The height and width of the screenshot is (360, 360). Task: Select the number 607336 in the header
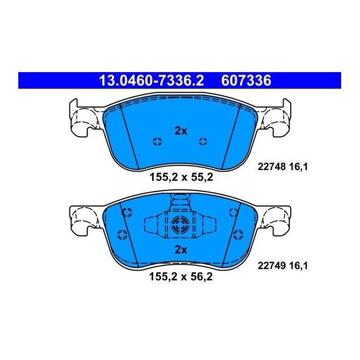click(x=246, y=81)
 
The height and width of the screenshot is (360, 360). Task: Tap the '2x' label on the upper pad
click(x=180, y=130)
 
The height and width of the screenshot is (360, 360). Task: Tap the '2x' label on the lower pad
click(x=180, y=249)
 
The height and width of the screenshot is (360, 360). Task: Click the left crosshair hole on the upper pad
click(x=158, y=142)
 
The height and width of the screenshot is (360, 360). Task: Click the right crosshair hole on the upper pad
click(x=203, y=142)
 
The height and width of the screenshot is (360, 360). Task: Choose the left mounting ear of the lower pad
click(x=83, y=219)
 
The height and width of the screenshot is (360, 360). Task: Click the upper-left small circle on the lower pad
click(x=126, y=213)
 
